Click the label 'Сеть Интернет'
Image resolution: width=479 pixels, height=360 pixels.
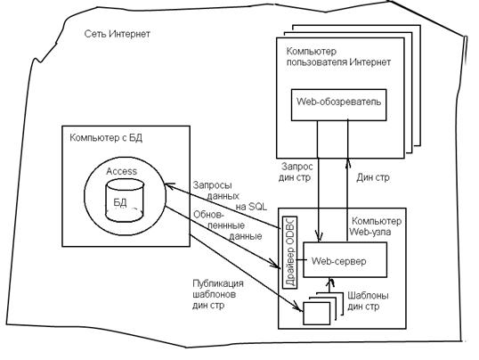[x=118, y=33]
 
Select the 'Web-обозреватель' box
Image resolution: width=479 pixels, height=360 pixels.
[x=339, y=105]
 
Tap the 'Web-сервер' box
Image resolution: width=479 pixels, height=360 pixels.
[x=345, y=259]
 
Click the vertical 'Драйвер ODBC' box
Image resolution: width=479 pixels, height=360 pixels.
[x=290, y=252]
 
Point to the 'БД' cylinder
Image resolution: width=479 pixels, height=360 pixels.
[x=125, y=200]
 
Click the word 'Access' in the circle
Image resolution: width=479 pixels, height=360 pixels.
[x=122, y=171]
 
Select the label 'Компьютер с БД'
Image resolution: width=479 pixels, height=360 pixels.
[x=106, y=138]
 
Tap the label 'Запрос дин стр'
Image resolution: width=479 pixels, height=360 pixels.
[x=296, y=172]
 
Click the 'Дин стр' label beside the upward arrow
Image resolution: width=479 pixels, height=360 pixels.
[x=373, y=177]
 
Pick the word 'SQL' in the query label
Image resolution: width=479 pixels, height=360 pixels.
[x=258, y=207]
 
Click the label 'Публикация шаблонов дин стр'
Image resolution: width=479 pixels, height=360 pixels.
[x=218, y=294]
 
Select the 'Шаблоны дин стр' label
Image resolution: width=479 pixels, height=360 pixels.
[x=368, y=301]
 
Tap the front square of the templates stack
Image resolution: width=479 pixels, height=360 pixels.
[x=316, y=314]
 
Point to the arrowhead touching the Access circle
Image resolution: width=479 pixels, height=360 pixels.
[x=169, y=185]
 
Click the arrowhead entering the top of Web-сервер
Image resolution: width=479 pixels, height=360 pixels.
[x=319, y=237]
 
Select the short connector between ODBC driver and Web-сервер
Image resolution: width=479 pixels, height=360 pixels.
[x=300, y=260]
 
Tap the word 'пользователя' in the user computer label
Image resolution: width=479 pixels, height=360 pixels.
[x=316, y=62]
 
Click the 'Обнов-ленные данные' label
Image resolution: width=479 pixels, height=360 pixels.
[x=228, y=225]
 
